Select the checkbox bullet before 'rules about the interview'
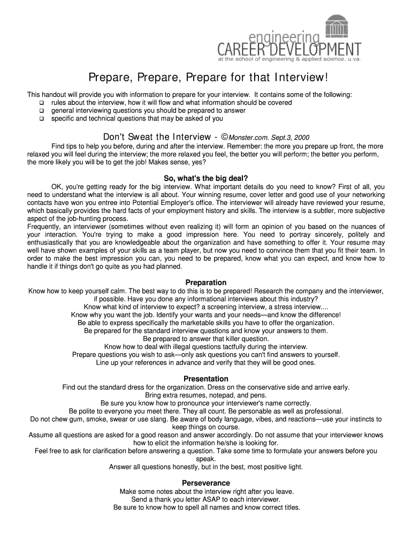[x=41, y=103]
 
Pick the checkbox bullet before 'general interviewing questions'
[x=41, y=111]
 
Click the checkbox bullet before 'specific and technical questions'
[x=41, y=119]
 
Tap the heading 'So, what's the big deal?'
[x=206, y=178]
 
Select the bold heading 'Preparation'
[x=206, y=283]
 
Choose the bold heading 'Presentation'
[x=206, y=379]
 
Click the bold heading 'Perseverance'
[x=206, y=483]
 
